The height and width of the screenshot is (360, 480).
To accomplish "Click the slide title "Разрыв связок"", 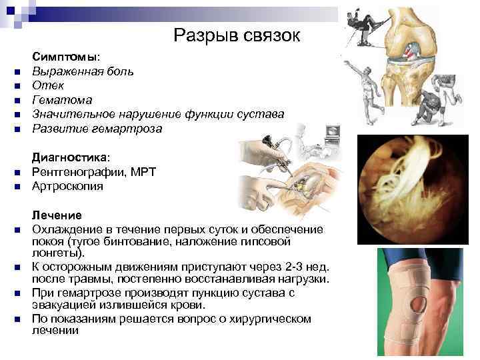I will coord(236,35).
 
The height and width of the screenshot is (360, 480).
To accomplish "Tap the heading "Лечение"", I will coord(57,216).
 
